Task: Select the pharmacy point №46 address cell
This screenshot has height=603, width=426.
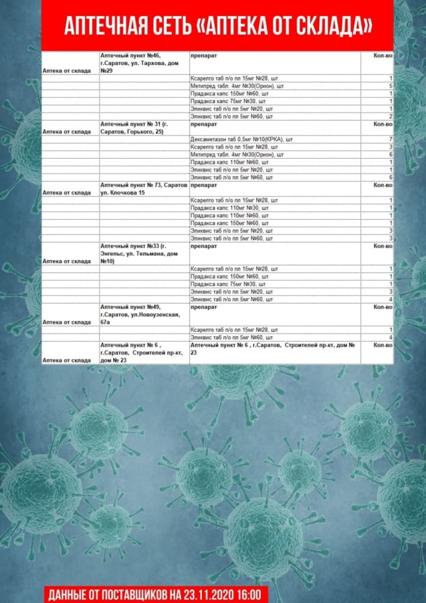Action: click(143, 62)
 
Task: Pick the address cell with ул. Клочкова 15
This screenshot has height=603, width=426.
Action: click(143, 188)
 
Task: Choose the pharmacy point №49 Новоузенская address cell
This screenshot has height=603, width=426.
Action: click(143, 314)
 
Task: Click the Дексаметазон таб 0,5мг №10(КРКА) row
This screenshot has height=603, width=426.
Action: click(241, 139)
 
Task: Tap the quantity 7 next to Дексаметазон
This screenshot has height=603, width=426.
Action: click(389, 139)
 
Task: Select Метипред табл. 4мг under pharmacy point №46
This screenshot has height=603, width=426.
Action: click(237, 86)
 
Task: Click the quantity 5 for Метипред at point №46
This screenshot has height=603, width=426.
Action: click(389, 86)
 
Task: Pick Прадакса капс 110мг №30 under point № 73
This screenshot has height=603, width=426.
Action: click(229, 208)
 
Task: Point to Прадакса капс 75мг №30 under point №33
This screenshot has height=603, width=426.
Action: click(228, 284)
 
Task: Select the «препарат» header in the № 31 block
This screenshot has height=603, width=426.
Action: click(203, 124)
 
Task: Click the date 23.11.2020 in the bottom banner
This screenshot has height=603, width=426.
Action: click(207, 594)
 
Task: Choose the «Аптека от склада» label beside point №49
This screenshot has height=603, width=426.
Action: click(66, 322)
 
